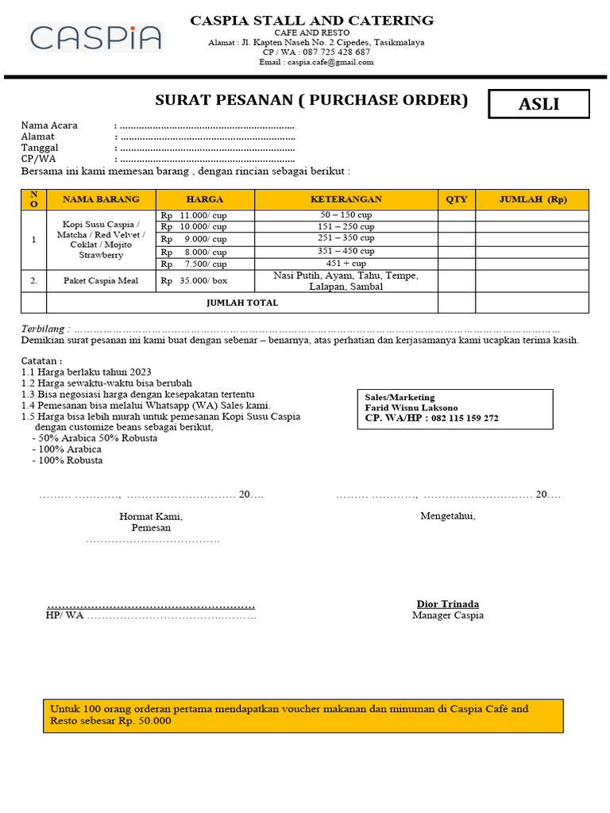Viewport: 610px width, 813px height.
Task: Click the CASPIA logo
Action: (95, 37)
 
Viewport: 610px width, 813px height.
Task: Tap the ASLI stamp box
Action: (539, 104)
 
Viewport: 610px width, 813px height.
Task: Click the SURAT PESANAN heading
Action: (311, 101)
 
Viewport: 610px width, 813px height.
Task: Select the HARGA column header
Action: (204, 199)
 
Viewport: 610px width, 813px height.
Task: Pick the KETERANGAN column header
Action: (346, 199)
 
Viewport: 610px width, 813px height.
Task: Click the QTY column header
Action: (456, 199)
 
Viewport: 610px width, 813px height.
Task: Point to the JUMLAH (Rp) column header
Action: (532, 199)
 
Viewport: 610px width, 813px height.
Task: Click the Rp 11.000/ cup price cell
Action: (194, 215)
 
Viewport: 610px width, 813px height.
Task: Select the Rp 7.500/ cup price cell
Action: (194, 264)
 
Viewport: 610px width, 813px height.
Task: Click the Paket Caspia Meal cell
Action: (101, 281)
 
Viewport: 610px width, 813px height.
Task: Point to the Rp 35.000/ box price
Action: (194, 281)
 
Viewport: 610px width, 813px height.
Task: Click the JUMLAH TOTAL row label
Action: (242, 302)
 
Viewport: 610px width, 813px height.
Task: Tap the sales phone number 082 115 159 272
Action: (465, 418)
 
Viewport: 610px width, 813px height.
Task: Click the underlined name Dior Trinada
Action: (448, 603)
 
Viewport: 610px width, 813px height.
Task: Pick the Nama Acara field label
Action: (49, 125)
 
